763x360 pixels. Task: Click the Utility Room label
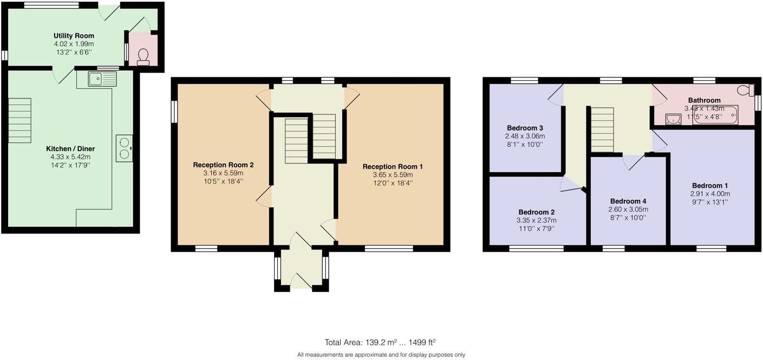point(74,36)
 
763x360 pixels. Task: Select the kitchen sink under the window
point(102,79)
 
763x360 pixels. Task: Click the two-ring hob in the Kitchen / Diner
point(124,148)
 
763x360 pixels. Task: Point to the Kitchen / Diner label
point(70,148)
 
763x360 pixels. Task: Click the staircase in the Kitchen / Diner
point(19,120)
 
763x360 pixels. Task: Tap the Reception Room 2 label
point(223,165)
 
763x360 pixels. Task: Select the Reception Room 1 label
point(393,166)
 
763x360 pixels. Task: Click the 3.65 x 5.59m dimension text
point(393,175)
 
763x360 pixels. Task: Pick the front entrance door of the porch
point(301,281)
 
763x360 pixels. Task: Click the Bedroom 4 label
point(628,201)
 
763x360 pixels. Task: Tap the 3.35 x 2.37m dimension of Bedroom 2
point(537,220)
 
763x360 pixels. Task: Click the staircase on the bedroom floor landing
point(602,130)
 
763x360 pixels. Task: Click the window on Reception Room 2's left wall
point(174,112)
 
